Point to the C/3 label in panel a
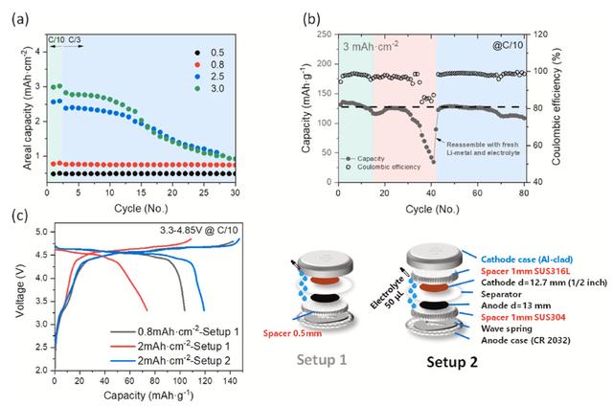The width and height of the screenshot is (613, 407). (75, 39)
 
